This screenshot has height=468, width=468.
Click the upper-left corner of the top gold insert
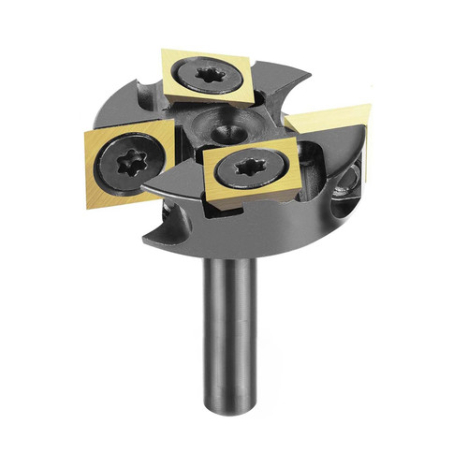[163, 54]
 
